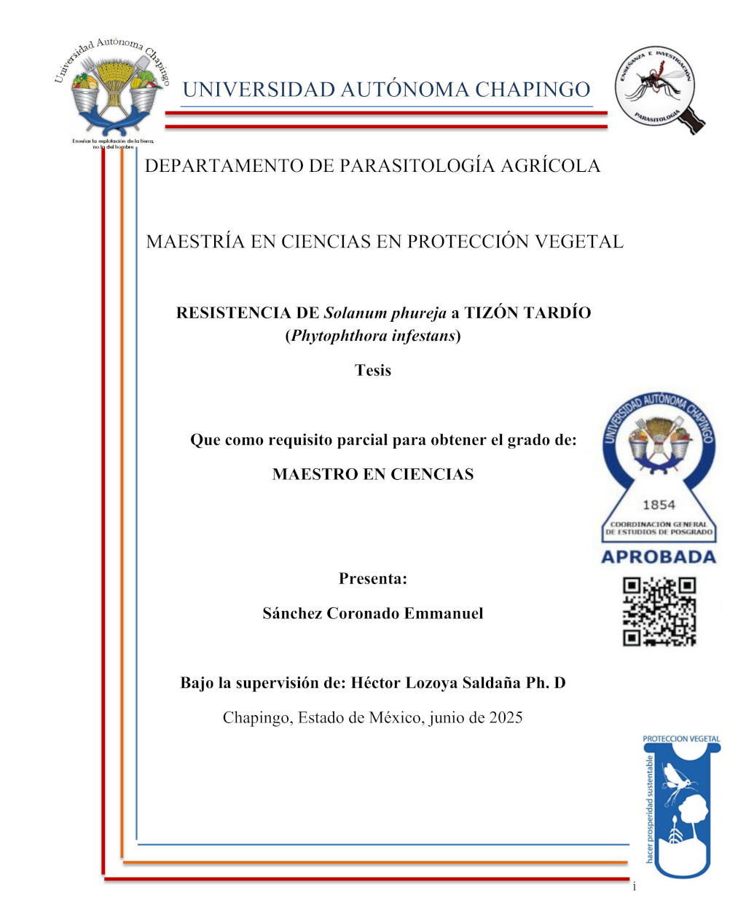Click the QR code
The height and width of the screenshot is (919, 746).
[659, 611]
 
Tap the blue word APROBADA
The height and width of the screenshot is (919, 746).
[659, 557]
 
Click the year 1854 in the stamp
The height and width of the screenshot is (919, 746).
[659, 505]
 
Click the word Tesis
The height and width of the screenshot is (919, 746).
[373, 370]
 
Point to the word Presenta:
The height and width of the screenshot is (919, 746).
[373, 579]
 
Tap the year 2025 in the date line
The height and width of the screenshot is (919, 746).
[506, 717]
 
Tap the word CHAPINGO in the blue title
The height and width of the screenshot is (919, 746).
[533, 90]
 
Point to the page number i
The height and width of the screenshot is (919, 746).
[634, 886]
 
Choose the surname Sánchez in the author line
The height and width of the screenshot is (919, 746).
[291, 613]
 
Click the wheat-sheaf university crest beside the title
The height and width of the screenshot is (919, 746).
[113, 91]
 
